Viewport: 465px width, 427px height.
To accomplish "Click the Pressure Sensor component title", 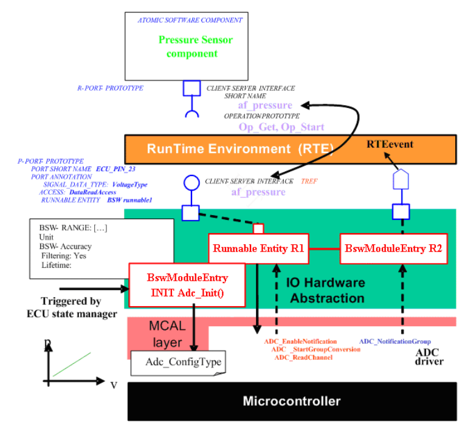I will (196, 46).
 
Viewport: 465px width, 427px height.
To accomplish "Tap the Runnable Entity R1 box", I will (258, 248).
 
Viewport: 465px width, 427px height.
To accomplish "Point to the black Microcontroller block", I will (291, 401).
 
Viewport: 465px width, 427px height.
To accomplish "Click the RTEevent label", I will (390, 145).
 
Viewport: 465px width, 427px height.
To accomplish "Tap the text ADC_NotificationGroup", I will (394, 342).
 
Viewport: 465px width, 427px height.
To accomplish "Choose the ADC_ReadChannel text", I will (303, 358).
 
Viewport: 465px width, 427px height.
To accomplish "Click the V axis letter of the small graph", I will (113, 385).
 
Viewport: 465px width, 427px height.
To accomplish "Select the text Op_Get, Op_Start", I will (281, 128).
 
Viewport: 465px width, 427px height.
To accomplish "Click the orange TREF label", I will (309, 181).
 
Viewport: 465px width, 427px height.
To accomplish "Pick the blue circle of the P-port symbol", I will (191, 182).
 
